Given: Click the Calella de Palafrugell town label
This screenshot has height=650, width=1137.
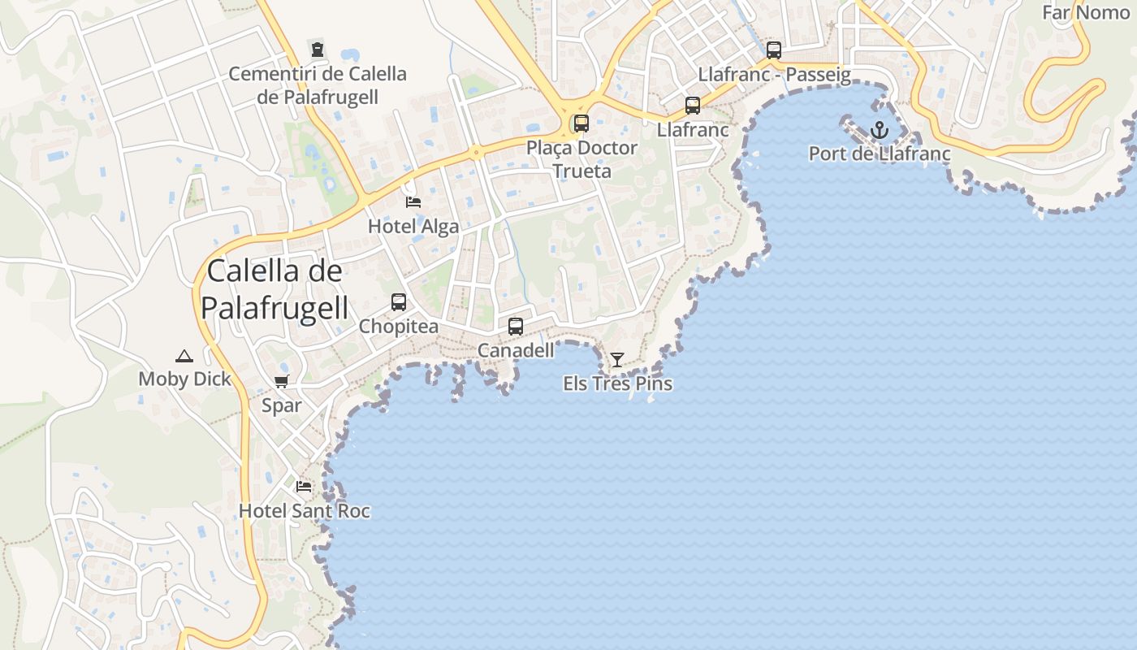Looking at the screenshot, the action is (275, 289).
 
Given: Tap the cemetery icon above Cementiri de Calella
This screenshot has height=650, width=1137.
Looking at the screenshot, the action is (318, 49).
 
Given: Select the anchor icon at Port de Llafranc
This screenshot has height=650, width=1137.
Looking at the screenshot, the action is (880, 130).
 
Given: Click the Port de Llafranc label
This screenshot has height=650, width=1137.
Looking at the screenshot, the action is (880, 154).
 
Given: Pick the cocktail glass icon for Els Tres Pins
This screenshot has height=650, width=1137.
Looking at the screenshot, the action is (617, 359).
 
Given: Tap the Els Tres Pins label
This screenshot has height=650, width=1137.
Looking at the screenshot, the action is (617, 383).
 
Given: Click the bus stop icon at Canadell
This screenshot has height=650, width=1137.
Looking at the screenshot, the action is (516, 327).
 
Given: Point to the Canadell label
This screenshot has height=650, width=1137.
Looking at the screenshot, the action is (516, 350).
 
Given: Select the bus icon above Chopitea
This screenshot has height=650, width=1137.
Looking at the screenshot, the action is (399, 302).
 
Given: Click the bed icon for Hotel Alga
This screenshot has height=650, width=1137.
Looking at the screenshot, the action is (413, 201).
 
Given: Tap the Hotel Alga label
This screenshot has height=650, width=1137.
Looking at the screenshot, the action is (413, 226).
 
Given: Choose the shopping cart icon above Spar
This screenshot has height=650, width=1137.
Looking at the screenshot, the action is (282, 381).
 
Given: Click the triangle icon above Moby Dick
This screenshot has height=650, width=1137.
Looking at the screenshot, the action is (184, 355).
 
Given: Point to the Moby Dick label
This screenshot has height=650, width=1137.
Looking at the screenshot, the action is (184, 379).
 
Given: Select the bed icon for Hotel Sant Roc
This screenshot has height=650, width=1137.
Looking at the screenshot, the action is (304, 487).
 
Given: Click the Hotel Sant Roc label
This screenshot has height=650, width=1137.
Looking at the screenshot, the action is (304, 511).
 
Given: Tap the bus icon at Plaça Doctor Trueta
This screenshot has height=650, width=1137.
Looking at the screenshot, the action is (581, 123).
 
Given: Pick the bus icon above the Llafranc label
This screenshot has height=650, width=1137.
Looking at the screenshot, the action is (693, 106).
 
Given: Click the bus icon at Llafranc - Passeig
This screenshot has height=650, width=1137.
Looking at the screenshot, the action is (774, 50).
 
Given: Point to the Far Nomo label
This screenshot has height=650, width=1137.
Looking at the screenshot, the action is (1085, 12).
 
